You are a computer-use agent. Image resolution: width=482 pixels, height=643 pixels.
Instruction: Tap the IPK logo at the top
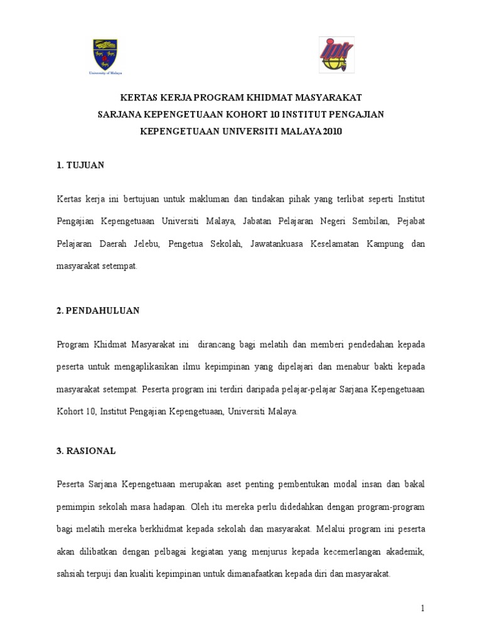tap(336, 55)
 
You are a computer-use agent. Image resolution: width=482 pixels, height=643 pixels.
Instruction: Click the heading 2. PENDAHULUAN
tap(98, 310)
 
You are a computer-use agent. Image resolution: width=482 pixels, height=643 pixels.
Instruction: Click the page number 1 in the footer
tap(423, 608)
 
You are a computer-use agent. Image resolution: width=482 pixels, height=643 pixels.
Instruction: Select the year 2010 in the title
tap(331, 132)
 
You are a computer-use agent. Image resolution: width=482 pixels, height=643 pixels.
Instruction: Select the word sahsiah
tap(71, 573)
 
